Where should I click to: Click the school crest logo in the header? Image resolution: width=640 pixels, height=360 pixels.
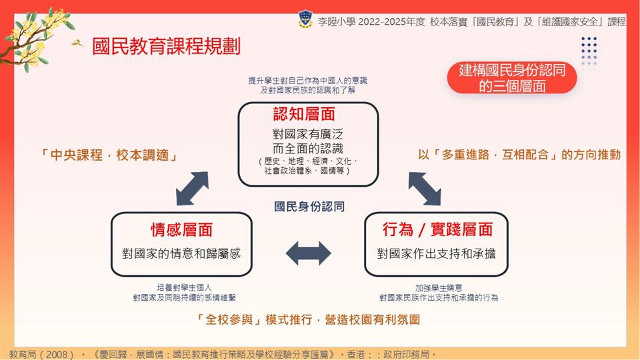[x=305, y=19]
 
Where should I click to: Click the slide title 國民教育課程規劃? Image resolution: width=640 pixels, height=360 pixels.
[x=166, y=46]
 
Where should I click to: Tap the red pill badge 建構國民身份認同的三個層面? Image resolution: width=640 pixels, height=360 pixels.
[x=512, y=78]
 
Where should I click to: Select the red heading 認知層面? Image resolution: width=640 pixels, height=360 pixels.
[x=304, y=114]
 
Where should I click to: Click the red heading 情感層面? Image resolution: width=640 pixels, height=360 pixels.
[x=181, y=229]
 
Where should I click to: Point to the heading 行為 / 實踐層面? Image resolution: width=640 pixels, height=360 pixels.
[x=437, y=229]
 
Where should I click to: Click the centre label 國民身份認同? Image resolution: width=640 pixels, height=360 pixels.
[x=309, y=207]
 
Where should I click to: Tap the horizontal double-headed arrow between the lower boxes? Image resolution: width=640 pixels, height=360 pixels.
[x=308, y=253]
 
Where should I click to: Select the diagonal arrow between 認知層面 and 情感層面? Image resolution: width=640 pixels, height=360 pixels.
[x=192, y=189]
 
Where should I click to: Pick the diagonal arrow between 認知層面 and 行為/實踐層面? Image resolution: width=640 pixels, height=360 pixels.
[x=425, y=189]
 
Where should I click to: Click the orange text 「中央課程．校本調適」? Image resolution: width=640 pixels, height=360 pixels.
[x=109, y=155]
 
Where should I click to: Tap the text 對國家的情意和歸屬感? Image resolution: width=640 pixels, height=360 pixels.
[x=181, y=253]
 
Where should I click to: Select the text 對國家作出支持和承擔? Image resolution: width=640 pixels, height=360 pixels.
[x=436, y=253]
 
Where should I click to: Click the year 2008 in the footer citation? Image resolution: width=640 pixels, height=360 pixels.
[x=57, y=354]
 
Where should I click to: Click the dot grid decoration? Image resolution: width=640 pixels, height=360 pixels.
[x=589, y=51]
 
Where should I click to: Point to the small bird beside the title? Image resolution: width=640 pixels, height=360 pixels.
[x=77, y=43]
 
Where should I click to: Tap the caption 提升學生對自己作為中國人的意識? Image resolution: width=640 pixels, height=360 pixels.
[x=308, y=81]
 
